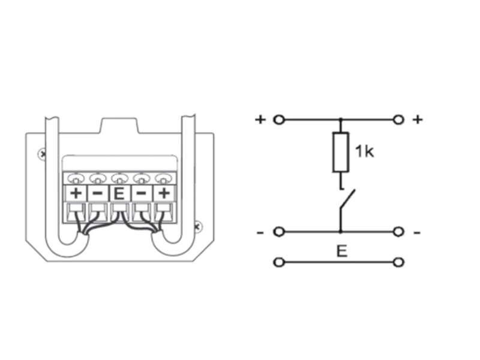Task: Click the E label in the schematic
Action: pyautogui.click(x=341, y=250)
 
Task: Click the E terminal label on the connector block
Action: pyautogui.click(x=119, y=194)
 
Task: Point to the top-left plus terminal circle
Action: pyautogui.click(x=278, y=119)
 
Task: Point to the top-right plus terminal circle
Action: pyautogui.click(x=398, y=119)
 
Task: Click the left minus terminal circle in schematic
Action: pyautogui.click(x=278, y=232)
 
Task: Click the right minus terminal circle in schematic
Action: pyautogui.click(x=398, y=232)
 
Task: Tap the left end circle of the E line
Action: pyautogui.click(x=278, y=262)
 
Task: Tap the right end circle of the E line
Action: pyautogui.click(x=398, y=262)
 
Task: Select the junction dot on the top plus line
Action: pyautogui.click(x=341, y=119)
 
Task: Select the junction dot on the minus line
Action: pyautogui.click(x=340, y=232)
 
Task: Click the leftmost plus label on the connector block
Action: pyautogui.click(x=76, y=194)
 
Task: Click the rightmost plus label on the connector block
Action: pyautogui.click(x=163, y=194)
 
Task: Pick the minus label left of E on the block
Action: pyautogui.click(x=97, y=194)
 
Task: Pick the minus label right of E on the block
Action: pyautogui.click(x=141, y=194)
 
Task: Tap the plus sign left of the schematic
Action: pyautogui.click(x=260, y=119)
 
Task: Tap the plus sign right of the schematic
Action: pyautogui.click(x=418, y=119)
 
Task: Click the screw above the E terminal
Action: pyautogui.click(x=119, y=178)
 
